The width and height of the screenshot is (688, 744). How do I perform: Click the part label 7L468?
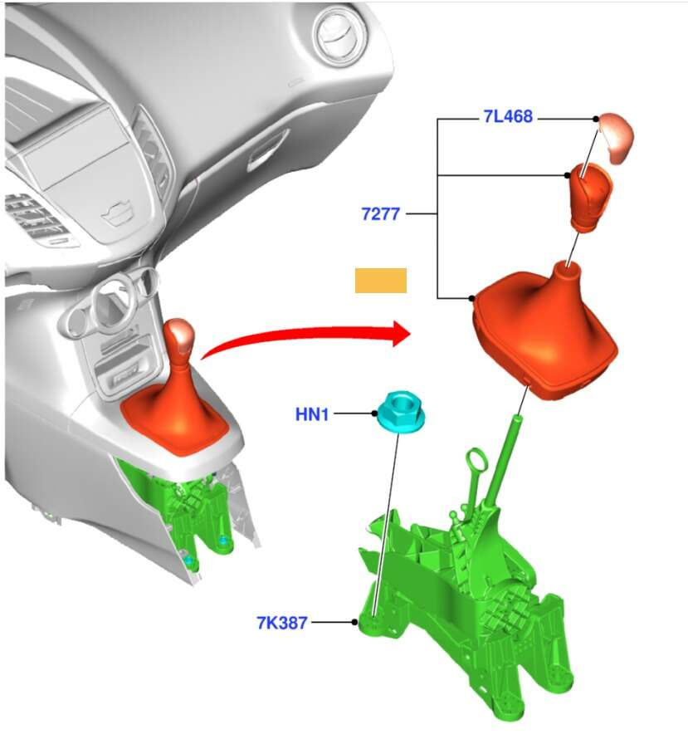pos(508,116)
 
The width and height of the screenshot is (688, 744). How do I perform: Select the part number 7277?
pos(380,214)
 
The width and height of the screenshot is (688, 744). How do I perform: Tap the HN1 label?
pos(311,414)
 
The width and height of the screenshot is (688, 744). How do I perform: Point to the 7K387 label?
pos(282,623)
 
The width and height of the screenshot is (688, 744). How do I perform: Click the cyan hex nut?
pos(401,412)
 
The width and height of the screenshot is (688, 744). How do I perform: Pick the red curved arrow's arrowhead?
pos(401,334)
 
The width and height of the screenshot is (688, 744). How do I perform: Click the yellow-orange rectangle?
pos(381,281)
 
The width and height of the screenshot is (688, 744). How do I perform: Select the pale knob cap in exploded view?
pos(616,138)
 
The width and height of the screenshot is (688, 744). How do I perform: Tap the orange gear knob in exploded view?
pos(590,198)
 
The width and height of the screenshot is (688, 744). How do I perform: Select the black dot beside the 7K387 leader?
pos(354,622)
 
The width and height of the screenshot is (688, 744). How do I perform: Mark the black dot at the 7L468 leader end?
pos(596,119)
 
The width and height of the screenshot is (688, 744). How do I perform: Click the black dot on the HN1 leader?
pos(374,414)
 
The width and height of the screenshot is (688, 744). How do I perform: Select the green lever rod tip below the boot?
pos(516,419)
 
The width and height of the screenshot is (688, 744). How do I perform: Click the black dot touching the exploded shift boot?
pos(471,298)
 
